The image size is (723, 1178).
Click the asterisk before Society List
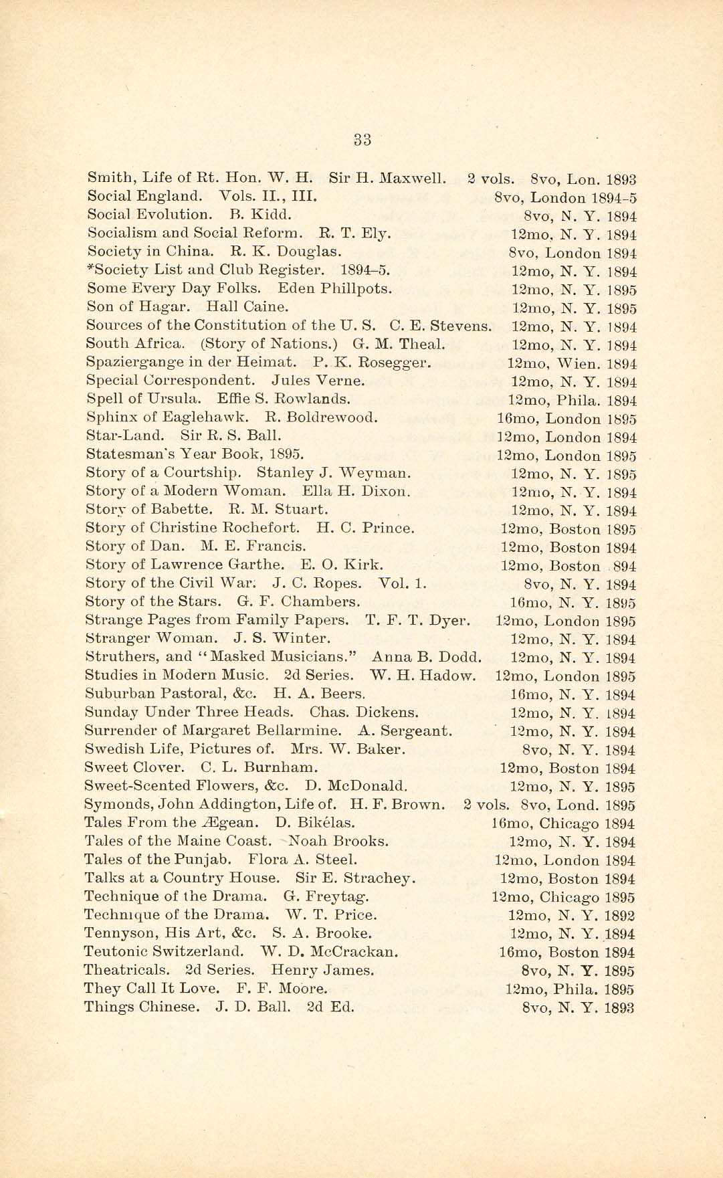[90, 268]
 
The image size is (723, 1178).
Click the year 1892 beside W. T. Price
[619, 916]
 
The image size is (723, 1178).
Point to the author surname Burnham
[288, 767]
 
